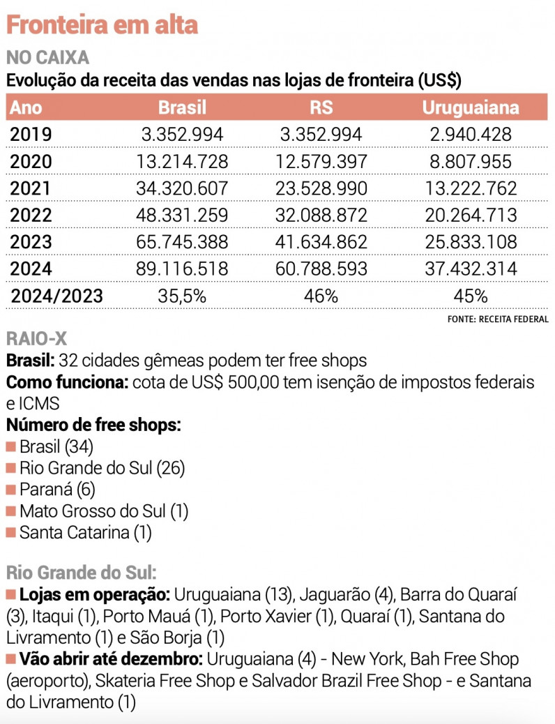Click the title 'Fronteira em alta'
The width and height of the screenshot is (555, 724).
(102, 24)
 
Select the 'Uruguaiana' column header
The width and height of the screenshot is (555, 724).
(471, 107)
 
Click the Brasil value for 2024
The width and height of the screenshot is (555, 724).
(183, 269)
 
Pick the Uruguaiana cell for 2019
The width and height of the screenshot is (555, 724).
(471, 135)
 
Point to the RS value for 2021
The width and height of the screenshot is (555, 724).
(321, 188)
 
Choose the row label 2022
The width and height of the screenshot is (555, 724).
(31, 215)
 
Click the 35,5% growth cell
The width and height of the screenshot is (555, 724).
(183, 296)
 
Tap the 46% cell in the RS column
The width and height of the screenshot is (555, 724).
(321, 296)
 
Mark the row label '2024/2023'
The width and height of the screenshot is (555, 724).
(56, 296)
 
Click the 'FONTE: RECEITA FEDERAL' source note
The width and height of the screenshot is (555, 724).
(498, 319)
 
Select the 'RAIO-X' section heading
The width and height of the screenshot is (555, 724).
(36, 338)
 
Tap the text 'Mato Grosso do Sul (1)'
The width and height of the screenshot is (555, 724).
(104, 511)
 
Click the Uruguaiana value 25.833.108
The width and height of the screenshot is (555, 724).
(471, 242)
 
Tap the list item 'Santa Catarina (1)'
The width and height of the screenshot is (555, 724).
(86, 533)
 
